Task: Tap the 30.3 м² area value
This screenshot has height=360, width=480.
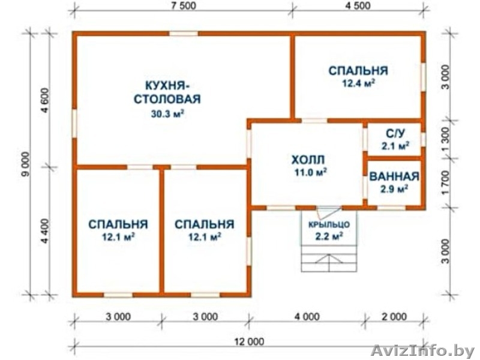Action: click(167, 112)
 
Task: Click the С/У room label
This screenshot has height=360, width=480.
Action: click(394, 133)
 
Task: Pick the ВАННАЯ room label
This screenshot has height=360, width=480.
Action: click(394, 177)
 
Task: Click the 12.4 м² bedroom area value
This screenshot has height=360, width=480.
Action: click(358, 83)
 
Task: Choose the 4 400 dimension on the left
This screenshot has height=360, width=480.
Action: click(45, 231)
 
